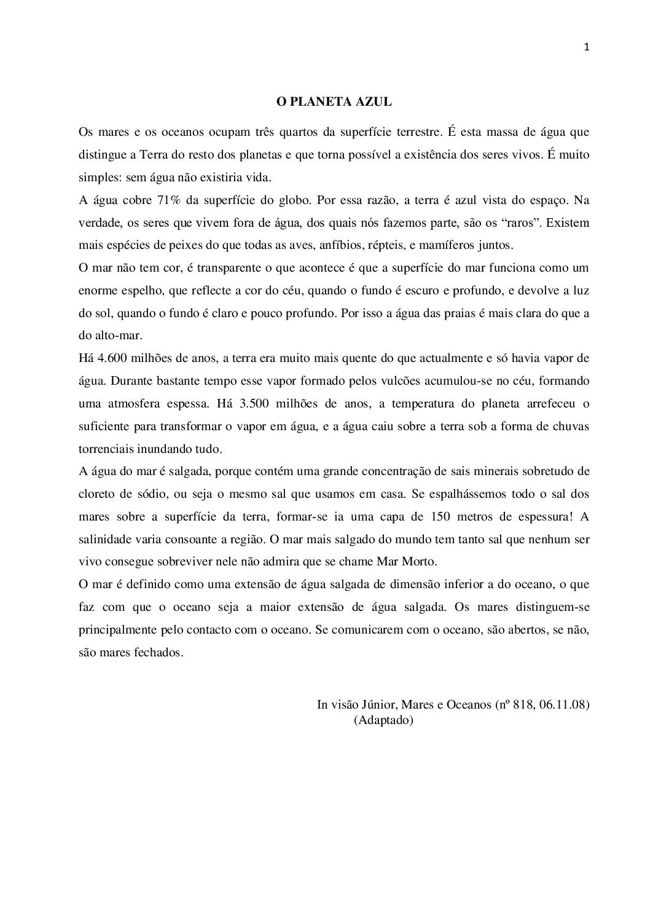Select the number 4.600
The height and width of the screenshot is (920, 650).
(112, 358)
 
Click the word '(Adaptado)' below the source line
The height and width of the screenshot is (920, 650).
(383, 720)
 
